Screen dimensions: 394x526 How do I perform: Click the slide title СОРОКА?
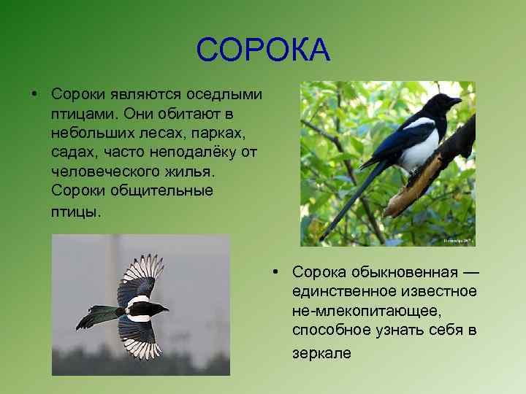click(x=263, y=50)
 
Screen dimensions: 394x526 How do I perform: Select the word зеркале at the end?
click(x=321, y=353)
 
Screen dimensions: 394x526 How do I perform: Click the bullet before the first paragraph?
click(x=34, y=95)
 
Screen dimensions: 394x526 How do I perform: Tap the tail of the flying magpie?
click(x=95, y=316)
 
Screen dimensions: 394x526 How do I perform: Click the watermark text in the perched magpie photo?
click(x=457, y=240)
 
